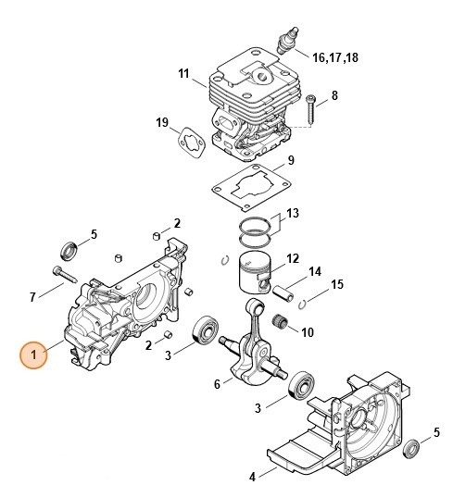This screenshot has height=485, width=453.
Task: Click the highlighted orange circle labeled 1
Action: [33, 354]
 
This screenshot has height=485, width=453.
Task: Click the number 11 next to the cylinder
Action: [182, 73]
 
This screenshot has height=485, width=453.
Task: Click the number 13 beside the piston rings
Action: [293, 214]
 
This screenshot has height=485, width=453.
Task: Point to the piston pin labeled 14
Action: [284, 291]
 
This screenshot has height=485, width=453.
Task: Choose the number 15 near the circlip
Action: [338, 283]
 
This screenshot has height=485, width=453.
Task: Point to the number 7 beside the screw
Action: [32, 297]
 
